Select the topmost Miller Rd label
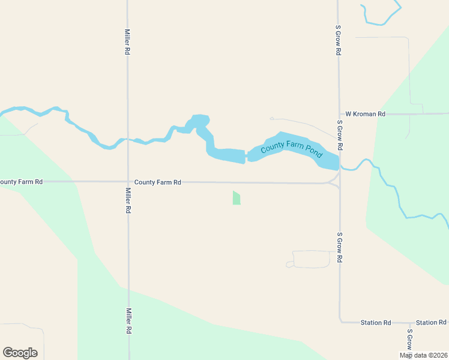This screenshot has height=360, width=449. [x=127, y=43]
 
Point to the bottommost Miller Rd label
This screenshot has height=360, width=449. [x=128, y=321]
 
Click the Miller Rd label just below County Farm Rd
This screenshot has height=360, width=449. [x=128, y=201]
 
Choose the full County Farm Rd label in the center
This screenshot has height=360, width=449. [x=158, y=182]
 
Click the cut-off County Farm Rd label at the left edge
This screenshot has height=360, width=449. [x=22, y=182]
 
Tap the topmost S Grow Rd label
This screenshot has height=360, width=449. [x=339, y=41]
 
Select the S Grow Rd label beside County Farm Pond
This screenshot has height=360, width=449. [x=340, y=135]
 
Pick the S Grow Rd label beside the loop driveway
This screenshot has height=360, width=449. [x=340, y=247]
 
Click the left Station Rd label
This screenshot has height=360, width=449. [x=376, y=323]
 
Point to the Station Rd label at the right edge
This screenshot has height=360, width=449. [x=432, y=323]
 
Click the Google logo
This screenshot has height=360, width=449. [x=20, y=353]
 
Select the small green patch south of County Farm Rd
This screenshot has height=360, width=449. [x=237, y=198]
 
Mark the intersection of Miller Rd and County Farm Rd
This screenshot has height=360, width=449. [x=127, y=182]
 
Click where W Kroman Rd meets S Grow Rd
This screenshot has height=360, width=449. [x=339, y=113]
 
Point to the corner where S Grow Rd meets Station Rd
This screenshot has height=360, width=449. [x=340, y=322]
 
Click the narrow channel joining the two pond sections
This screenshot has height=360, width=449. [x=246, y=157]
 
